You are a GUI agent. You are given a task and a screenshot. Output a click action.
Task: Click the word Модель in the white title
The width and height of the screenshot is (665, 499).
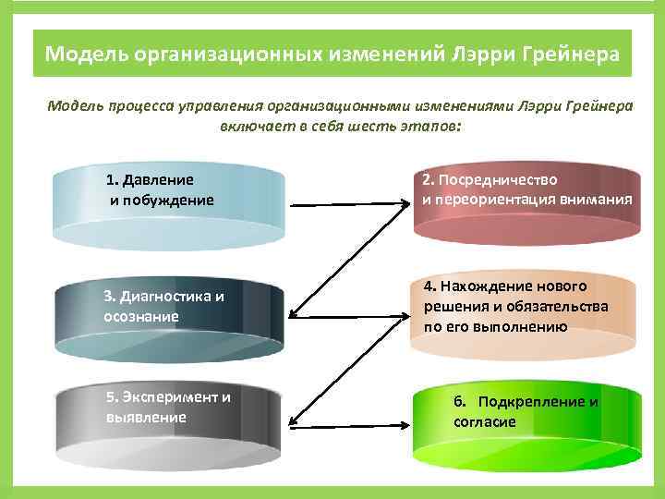(86, 54)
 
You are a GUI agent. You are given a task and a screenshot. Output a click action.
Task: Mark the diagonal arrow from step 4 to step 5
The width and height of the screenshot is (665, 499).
(346, 370)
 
